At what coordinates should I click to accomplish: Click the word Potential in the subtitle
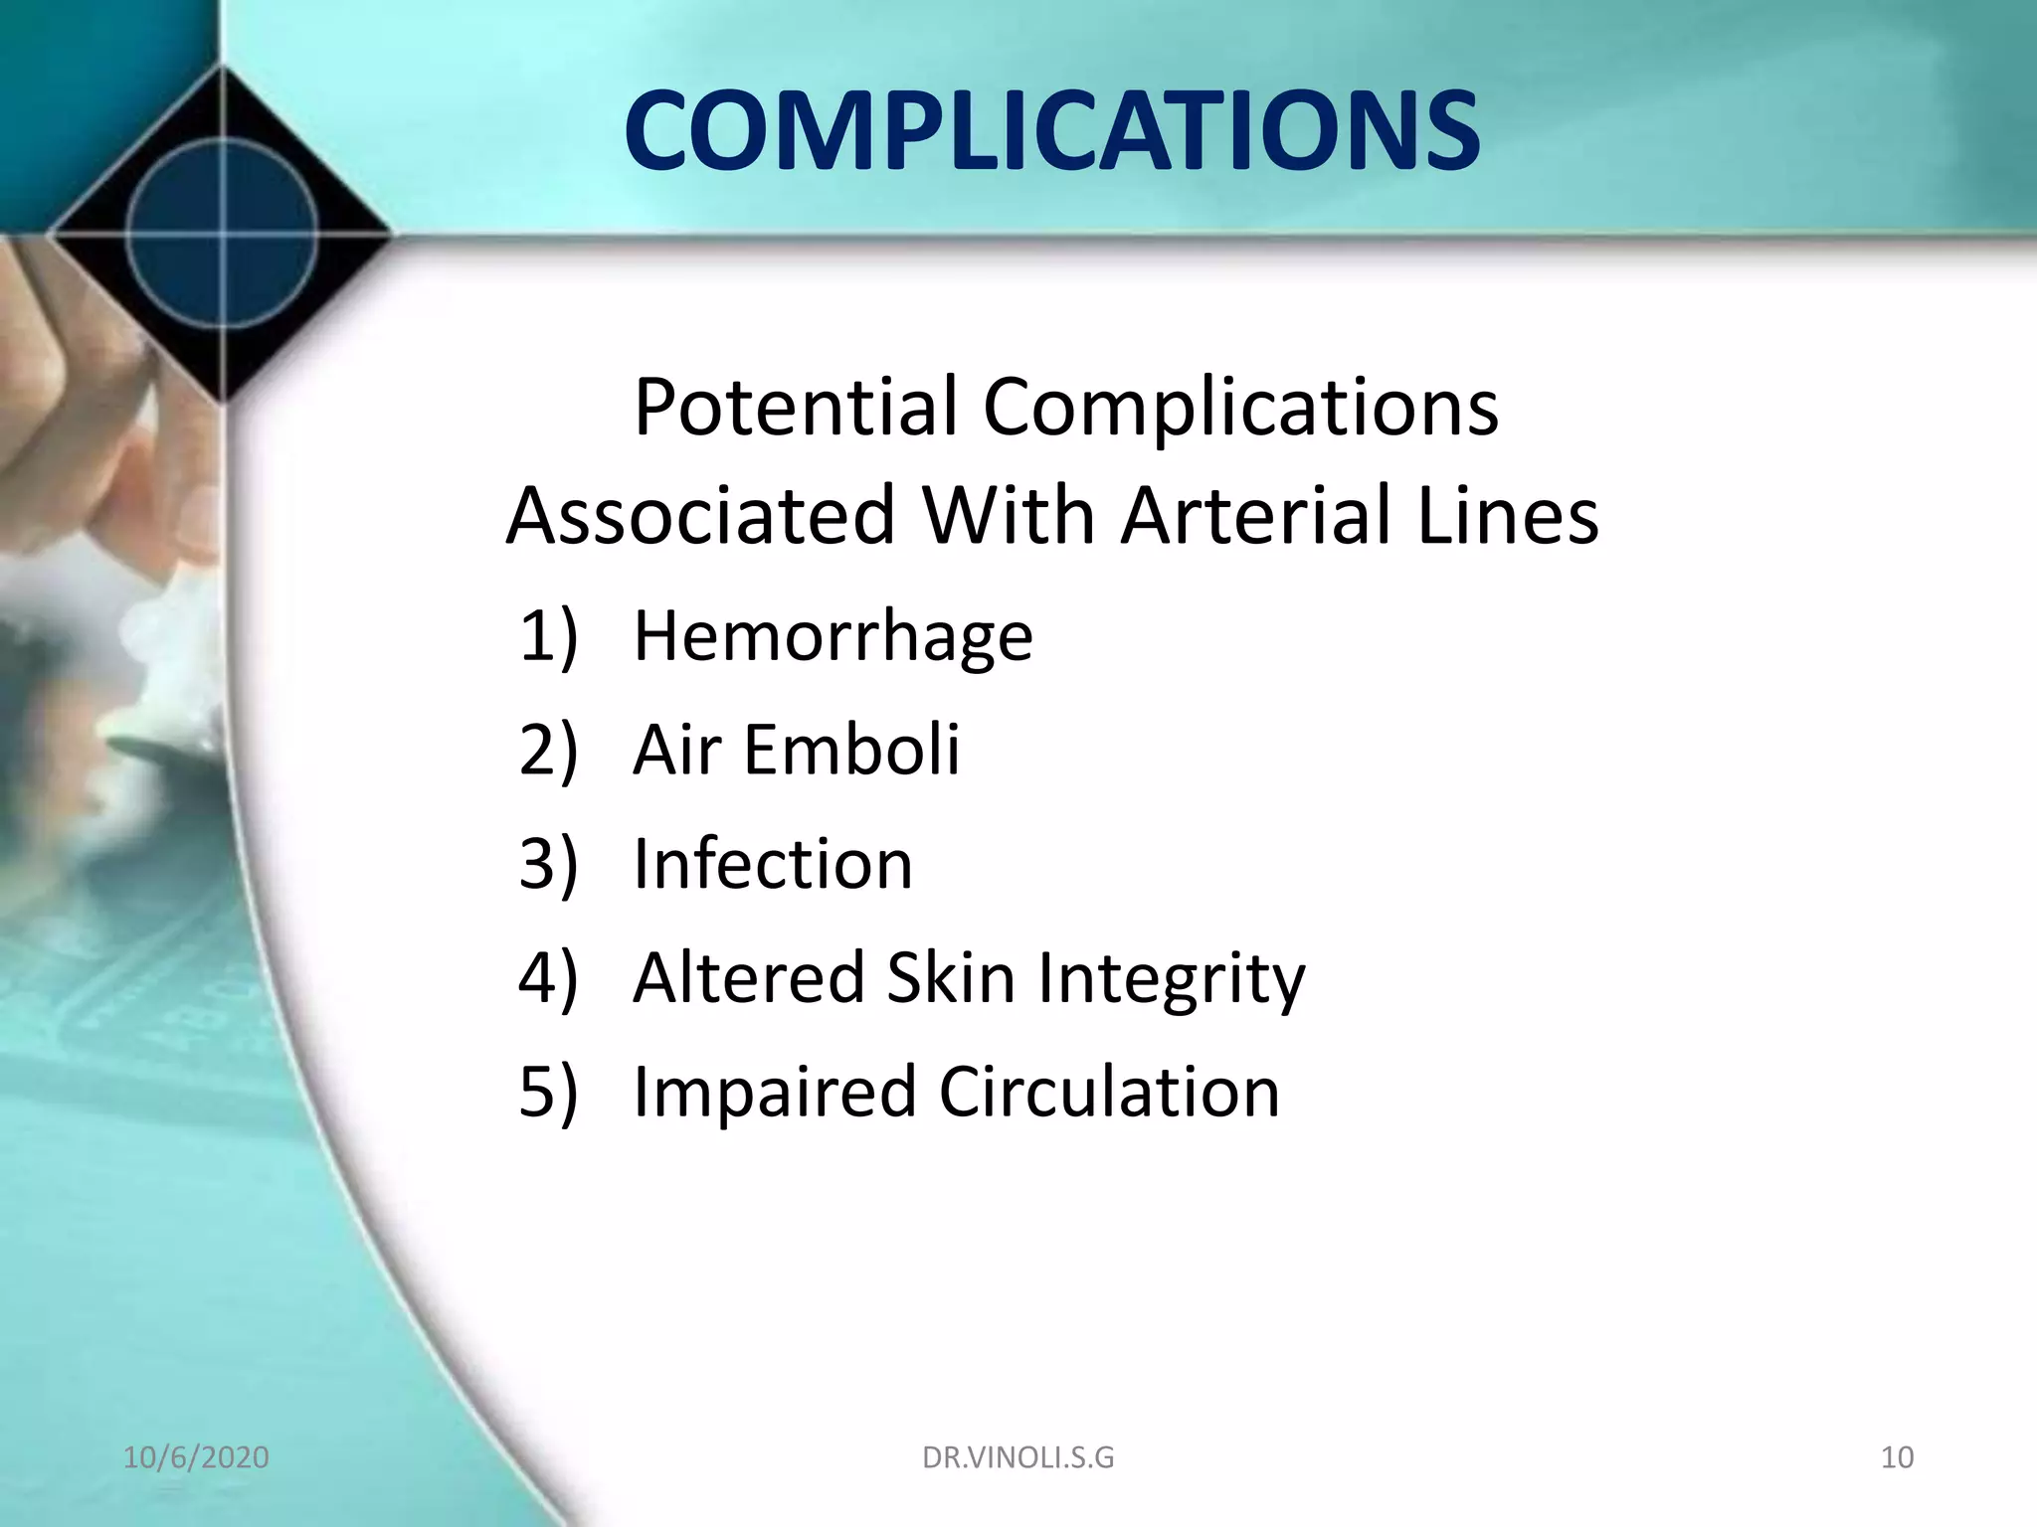pos(795,408)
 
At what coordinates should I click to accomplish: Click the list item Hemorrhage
pos(833,636)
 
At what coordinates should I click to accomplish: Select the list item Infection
pos(772,863)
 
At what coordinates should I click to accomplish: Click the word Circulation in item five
pos(1108,1092)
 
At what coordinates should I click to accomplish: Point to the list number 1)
pos(547,636)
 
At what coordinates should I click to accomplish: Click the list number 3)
pos(547,863)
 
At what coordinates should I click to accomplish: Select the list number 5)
pos(547,1092)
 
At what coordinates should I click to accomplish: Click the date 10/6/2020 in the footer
pos(196,1457)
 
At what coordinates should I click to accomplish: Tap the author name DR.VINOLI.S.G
pos(1018,1457)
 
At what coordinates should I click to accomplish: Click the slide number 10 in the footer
pos(1896,1457)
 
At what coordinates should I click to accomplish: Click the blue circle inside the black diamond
pos(223,235)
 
